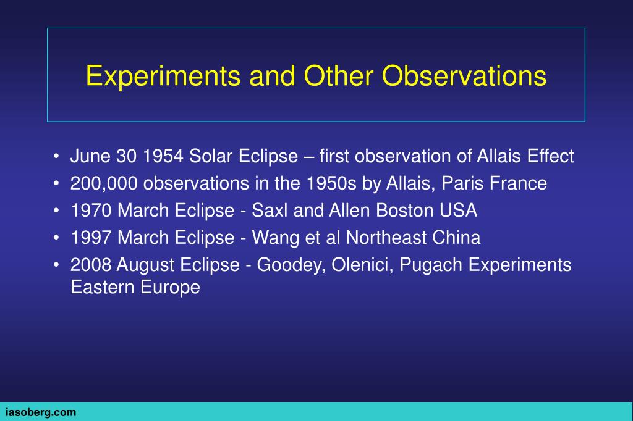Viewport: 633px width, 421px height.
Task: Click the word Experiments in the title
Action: click(163, 77)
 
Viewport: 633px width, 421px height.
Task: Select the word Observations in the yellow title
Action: click(464, 75)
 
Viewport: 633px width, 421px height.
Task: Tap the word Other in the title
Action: click(338, 75)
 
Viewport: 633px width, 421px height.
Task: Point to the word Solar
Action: click(211, 156)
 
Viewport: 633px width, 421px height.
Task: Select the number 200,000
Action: click(104, 183)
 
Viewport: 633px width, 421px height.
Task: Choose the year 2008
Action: click(91, 265)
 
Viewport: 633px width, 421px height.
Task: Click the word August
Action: click(145, 265)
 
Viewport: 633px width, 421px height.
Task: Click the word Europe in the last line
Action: click(170, 288)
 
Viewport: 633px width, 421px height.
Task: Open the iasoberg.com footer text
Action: click(41, 412)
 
